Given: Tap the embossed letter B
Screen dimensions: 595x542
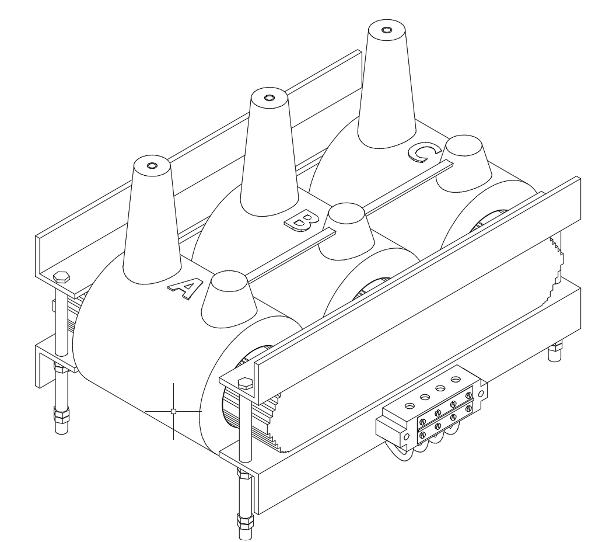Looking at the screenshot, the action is [302, 221].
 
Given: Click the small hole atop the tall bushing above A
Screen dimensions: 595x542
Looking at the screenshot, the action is [152, 166].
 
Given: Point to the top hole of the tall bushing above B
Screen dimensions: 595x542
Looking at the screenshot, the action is [269, 98].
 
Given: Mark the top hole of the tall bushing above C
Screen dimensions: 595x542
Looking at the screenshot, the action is [386, 30].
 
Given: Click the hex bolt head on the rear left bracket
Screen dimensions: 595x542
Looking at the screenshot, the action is [61, 277].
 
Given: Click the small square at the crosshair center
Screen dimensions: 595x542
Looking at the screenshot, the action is [173, 411].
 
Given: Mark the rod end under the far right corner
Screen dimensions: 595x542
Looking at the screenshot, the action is [555, 352].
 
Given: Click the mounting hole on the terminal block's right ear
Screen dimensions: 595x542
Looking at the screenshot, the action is [481, 394].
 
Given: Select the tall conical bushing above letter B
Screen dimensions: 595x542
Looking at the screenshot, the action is [269, 152].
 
